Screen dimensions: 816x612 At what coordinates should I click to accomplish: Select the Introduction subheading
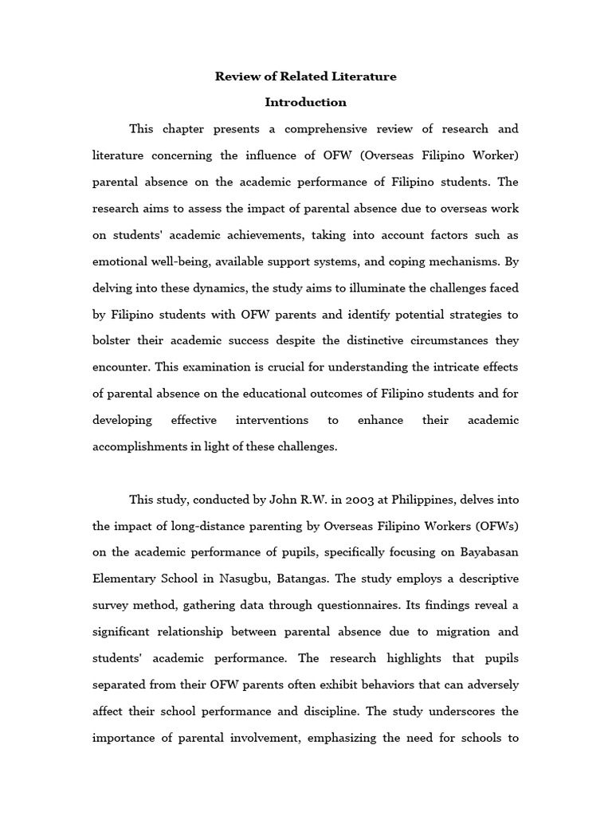(306, 102)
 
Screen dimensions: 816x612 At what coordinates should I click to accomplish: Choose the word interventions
(272, 420)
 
